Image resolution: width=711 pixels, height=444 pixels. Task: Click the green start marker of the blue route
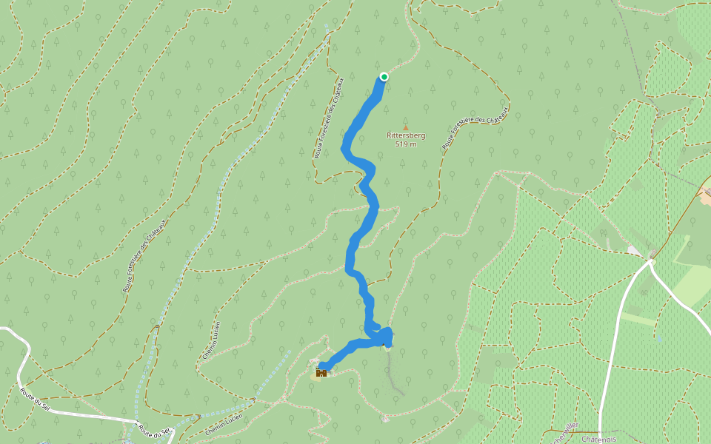[384, 76]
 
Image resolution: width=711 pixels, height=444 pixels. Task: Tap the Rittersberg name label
[406, 135]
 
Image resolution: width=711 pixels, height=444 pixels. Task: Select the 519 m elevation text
[406, 144]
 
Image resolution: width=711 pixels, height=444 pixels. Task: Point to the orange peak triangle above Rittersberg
[405, 127]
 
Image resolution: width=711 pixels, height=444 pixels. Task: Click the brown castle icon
[321, 373]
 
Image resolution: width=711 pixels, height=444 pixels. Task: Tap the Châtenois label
[599, 439]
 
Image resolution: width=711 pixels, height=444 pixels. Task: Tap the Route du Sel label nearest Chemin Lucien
[155, 430]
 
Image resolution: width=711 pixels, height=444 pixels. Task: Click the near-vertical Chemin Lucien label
[211, 340]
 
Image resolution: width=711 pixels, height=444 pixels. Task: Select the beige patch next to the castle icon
[316, 360]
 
